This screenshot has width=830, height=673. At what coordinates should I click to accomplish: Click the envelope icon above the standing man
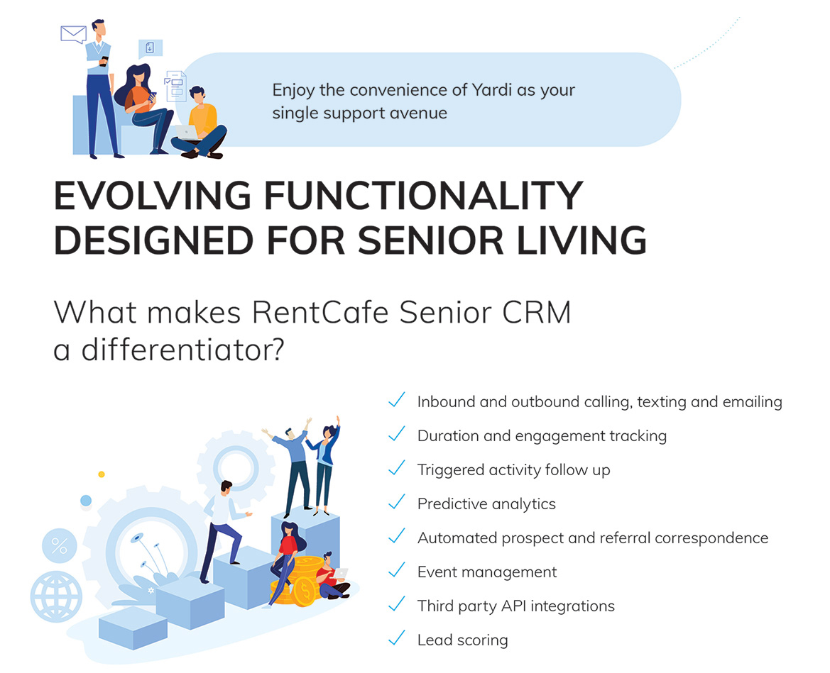click(74, 34)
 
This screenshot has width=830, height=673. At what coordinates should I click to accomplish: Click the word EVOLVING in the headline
click(153, 196)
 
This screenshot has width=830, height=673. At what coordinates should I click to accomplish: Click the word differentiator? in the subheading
click(182, 350)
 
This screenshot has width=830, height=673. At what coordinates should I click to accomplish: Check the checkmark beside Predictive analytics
click(396, 502)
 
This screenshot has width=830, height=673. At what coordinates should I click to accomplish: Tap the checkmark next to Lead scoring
click(396, 638)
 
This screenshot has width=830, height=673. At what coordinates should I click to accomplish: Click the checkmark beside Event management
click(396, 570)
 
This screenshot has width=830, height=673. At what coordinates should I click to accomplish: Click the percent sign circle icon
click(60, 545)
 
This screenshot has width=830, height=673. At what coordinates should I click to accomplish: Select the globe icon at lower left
click(56, 597)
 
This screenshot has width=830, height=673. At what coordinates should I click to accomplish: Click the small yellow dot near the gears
click(102, 474)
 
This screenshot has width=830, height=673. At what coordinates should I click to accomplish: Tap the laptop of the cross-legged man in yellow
click(186, 132)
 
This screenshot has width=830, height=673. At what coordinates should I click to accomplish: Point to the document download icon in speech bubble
click(151, 49)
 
